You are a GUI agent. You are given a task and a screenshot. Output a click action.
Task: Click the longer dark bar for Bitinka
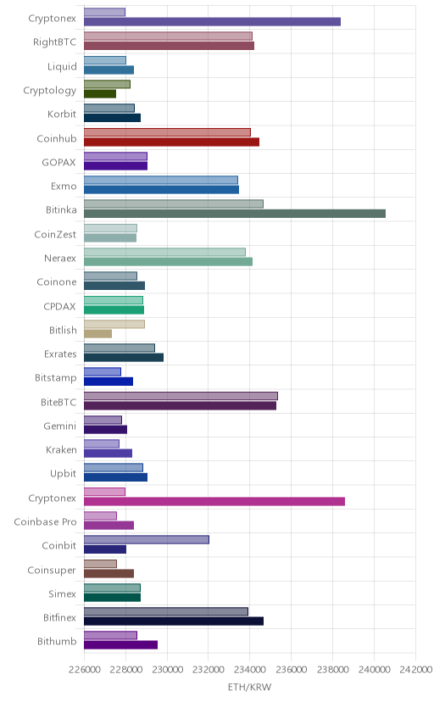tap(235, 214)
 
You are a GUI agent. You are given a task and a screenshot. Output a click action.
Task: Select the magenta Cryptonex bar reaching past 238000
tap(214, 501)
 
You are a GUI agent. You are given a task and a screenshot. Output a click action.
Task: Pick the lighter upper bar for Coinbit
tap(147, 539)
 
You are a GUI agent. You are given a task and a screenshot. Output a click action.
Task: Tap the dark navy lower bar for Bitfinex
tap(174, 621)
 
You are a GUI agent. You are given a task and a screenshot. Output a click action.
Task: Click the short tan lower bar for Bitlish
tap(97, 333)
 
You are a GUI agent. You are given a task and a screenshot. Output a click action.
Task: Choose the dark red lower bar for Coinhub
tap(171, 142)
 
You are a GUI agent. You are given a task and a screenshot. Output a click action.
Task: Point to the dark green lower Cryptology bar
tap(100, 94)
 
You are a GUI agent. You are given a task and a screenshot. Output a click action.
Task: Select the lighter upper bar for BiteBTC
tap(181, 396)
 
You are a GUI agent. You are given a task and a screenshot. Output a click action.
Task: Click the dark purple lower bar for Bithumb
tap(121, 644)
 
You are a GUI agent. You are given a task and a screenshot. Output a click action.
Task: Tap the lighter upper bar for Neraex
tap(164, 252)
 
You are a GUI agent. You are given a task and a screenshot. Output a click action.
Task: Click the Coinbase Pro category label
tap(45, 522)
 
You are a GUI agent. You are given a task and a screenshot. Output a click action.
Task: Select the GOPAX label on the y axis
tap(59, 163)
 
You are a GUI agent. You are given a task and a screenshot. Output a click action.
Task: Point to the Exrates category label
tap(60, 354)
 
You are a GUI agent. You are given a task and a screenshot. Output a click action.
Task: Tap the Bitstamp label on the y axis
tap(56, 378)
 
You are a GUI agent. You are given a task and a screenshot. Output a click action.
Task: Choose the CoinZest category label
tap(55, 234)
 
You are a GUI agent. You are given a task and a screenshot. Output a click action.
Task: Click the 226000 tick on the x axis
tap(84, 669)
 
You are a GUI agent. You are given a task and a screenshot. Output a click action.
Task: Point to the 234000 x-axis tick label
tap(250, 669)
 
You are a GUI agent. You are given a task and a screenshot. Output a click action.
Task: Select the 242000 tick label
tap(415, 669)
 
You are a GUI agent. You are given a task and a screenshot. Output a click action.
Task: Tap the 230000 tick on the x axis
tap(167, 669)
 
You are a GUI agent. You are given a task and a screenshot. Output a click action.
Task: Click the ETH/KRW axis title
tap(250, 688)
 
